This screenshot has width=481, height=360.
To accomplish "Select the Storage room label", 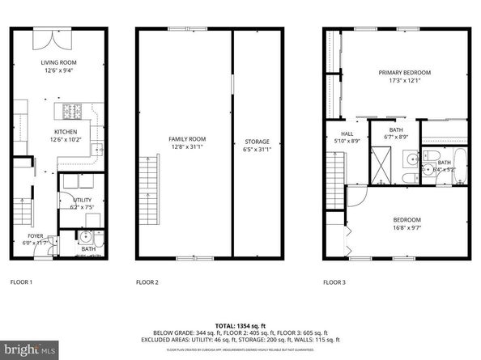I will click(258, 142).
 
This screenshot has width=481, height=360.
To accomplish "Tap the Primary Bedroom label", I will click(405, 73).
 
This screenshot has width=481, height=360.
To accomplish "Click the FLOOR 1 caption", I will click(21, 282).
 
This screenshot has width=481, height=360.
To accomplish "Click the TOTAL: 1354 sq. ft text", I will click(240, 324).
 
